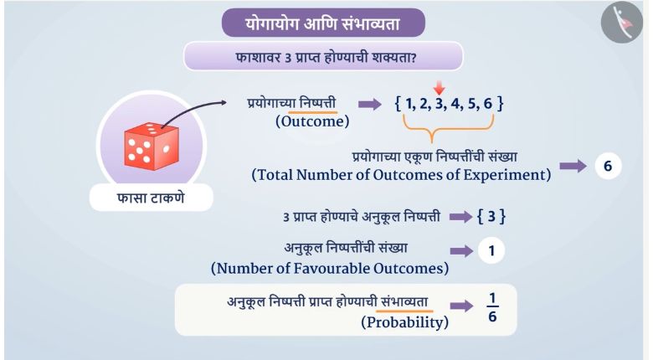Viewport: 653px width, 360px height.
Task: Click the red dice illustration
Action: [x=152, y=147]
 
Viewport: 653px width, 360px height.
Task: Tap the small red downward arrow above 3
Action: [x=439, y=89]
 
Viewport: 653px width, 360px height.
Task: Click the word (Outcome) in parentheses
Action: [x=312, y=121]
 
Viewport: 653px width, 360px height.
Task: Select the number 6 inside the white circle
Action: [x=608, y=166]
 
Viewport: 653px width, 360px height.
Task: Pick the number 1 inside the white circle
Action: [x=491, y=251]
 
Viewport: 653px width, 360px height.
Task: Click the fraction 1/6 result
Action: [x=492, y=307]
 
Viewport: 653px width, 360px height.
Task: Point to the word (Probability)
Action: [x=405, y=322]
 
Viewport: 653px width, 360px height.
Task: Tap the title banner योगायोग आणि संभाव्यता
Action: [x=323, y=23]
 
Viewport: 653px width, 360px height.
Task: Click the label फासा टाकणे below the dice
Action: [x=151, y=198]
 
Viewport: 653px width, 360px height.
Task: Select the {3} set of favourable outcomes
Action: [x=491, y=217]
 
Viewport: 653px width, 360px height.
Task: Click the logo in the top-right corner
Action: [x=622, y=22]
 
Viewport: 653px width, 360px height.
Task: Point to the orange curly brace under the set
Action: [x=448, y=128]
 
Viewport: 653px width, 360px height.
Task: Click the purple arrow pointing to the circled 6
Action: [x=573, y=167]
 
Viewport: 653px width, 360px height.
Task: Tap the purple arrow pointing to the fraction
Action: [x=461, y=306]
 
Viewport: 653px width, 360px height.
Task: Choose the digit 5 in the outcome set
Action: [x=472, y=103]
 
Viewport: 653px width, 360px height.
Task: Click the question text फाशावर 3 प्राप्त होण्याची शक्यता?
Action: [x=326, y=57]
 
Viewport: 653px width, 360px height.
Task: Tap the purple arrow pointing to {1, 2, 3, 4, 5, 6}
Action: [x=370, y=104]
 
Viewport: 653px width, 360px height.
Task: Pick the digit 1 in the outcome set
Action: [x=410, y=103]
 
